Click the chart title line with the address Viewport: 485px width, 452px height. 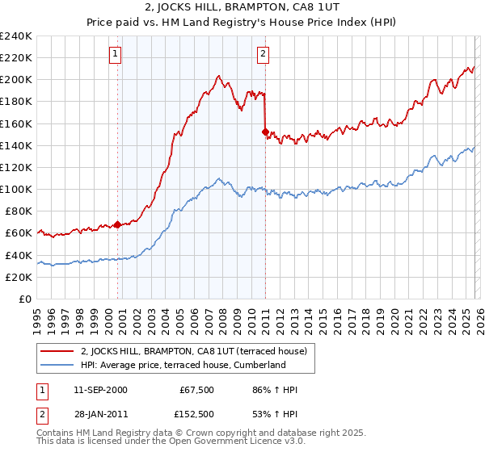point(242,10)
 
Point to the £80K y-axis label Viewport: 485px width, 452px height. point(17,211)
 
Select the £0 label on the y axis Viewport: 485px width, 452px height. point(25,299)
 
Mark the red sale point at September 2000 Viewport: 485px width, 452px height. point(117,224)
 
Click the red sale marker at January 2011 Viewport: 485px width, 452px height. point(265,132)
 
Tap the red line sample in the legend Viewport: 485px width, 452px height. point(57,351)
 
